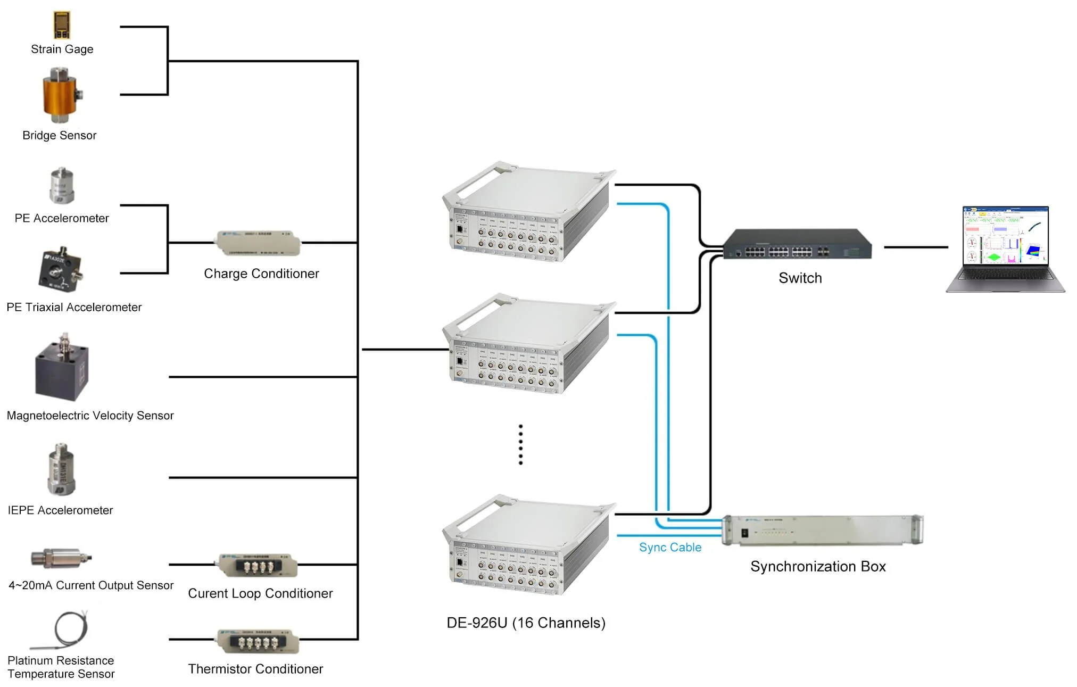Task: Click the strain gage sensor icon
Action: tap(62, 25)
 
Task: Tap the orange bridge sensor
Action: tap(60, 96)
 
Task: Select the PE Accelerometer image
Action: tap(62, 186)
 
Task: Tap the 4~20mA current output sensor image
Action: tap(60, 558)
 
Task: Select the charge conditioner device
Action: tap(258, 243)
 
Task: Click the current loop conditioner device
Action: tap(258, 565)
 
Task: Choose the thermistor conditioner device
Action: tap(258, 641)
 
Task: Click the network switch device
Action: tap(797, 245)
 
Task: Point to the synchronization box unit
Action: tap(822, 529)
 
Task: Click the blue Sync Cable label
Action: tap(670, 547)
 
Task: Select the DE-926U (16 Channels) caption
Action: tap(526, 623)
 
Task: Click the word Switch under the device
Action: tap(800, 278)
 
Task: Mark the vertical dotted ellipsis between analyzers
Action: tap(520, 444)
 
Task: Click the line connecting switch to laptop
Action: tap(915, 247)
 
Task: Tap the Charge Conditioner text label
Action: tap(261, 274)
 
